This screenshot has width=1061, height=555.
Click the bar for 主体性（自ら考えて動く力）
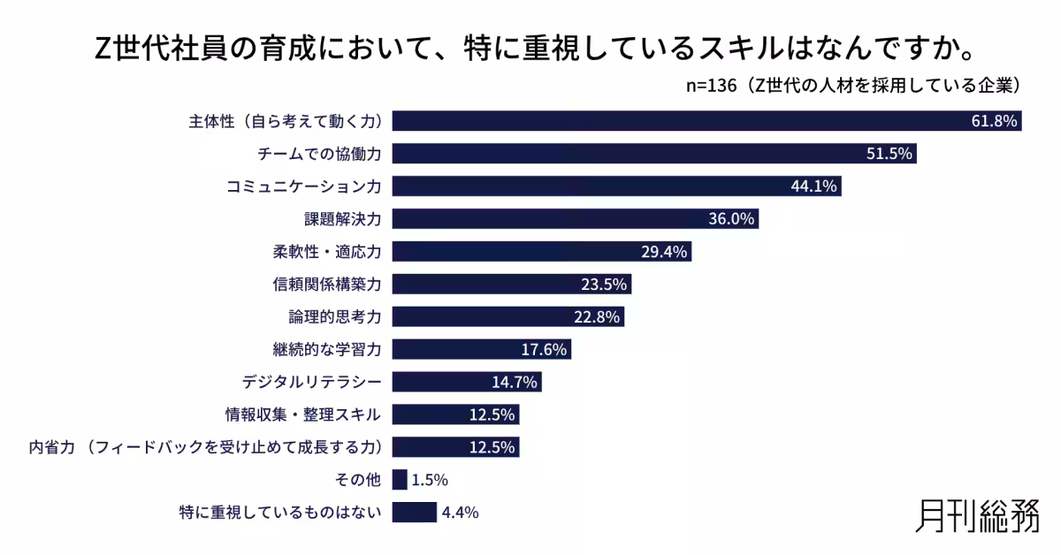click(x=672, y=121)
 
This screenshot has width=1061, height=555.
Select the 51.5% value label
click(x=889, y=154)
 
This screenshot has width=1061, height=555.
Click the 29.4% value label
click(x=664, y=252)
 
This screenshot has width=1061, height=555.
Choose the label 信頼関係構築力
click(x=327, y=285)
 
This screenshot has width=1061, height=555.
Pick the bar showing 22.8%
click(x=508, y=316)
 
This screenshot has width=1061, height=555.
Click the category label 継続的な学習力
click(x=327, y=349)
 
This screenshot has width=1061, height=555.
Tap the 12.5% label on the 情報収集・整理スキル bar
click(x=492, y=414)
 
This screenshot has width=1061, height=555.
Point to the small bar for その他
click(x=399, y=480)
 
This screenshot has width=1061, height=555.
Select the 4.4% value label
click(x=460, y=513)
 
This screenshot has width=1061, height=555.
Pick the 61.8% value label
click(x=994, y=121)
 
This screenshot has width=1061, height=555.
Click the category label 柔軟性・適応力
click(x=327, y=252)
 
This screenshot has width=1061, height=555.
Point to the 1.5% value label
click(x=430, y=480)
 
